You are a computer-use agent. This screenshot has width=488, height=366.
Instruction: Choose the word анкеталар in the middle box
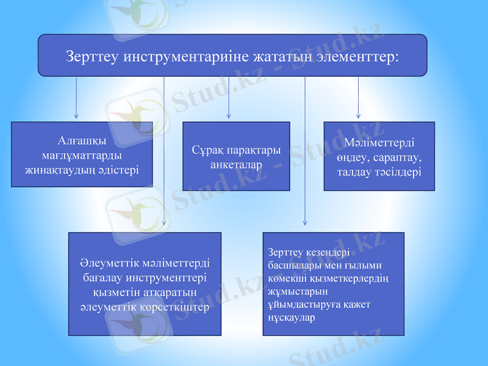(236, 165)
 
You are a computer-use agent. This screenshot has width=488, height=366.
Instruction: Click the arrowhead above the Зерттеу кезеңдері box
(305, 223)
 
